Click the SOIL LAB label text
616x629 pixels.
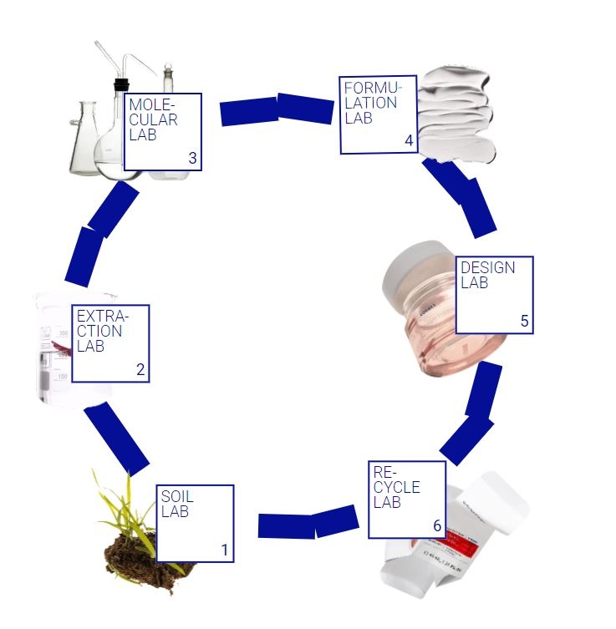click(176, 504)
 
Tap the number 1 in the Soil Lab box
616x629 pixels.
click(224, 550)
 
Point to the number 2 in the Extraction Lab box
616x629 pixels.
click(140, 370)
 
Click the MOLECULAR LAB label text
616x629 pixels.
click(152, 119)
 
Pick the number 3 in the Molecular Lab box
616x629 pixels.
click(192, 158)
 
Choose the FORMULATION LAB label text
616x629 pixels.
click(370, 103)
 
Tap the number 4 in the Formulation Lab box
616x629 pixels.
click(409, 141)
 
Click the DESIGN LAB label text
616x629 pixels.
click(487, 275)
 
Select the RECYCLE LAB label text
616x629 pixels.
click(396, 487)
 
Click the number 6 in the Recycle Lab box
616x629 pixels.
click(436, 525)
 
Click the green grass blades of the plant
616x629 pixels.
click(125, 510)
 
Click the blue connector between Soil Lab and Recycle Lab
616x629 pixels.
click(307, 524)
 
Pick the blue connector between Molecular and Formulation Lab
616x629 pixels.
click(277, 110)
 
